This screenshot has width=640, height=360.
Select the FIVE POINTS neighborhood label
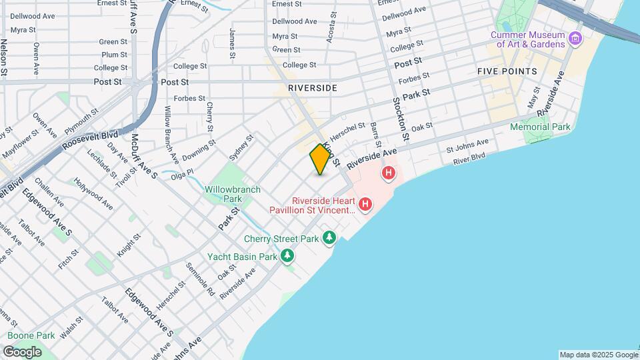[x=507, y=71]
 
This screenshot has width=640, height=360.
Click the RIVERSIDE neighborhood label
[x=313, y=88]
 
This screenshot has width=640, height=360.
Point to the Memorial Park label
[x=540, y=127]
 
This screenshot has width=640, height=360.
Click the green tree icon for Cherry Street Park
[x=329, y=238]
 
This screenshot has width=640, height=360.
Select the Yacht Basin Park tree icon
[x=287, y=256]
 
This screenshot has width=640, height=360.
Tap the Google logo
[x=22, y=351]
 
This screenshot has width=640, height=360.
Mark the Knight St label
[x=129, y=245]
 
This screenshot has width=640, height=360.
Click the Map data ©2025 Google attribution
[x=598, y=355]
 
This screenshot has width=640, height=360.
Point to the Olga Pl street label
[x=181, y=173]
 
